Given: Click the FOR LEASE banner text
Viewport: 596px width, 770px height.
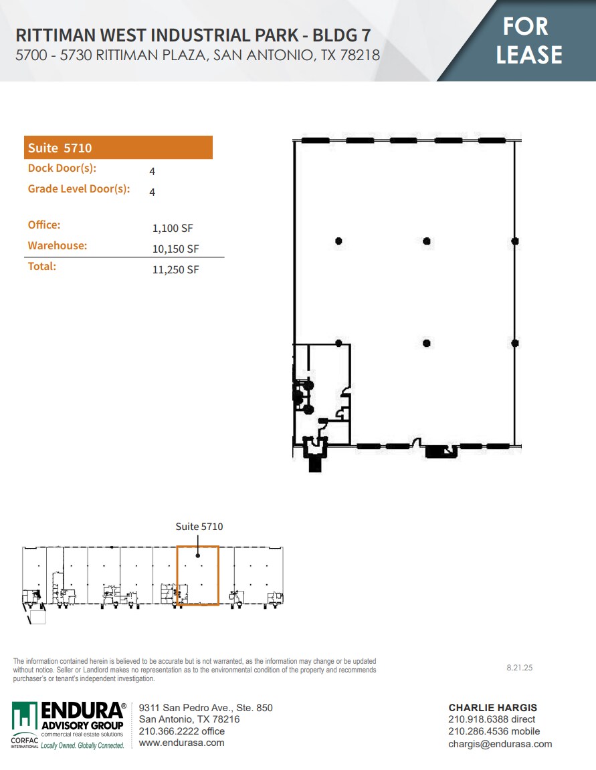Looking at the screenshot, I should (529, 40).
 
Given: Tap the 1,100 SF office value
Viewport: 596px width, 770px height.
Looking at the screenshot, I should (173, 229).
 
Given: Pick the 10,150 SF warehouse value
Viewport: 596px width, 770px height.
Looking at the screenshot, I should (176, 249).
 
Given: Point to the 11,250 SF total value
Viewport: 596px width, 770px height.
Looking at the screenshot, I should (176, 270).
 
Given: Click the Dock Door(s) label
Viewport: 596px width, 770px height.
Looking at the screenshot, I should (62, 168).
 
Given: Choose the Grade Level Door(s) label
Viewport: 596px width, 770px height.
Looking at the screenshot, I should (78, 189).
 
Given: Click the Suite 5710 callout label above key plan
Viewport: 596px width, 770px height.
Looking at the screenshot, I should (199, 527).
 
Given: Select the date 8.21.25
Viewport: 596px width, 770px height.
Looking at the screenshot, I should (519, 668).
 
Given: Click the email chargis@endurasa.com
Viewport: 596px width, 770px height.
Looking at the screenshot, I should (500, 744).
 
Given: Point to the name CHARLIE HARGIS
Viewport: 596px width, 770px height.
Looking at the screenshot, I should (492, 708).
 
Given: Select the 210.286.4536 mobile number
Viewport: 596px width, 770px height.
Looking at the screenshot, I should (494, 732).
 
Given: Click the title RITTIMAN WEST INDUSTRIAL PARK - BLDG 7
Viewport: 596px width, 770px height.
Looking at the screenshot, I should (193, 35).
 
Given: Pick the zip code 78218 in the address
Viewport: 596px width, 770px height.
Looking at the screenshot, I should (360, 55).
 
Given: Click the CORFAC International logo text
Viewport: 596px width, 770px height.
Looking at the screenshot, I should (25, 741).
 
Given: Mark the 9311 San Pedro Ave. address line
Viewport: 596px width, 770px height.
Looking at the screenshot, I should (205, 708).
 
